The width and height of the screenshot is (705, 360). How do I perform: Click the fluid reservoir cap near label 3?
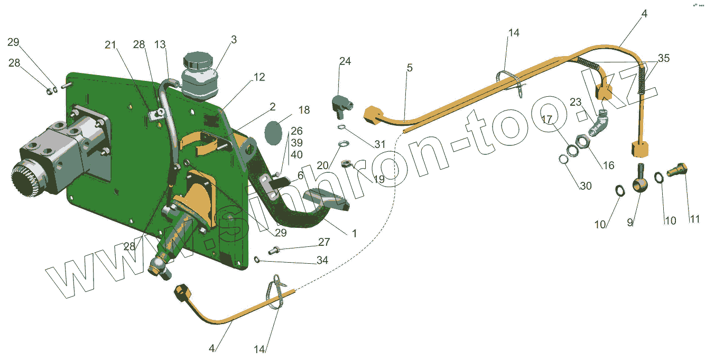(198, 59)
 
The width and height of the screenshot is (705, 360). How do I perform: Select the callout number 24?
(345, 61)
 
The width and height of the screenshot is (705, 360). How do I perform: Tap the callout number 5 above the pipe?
(410, 68)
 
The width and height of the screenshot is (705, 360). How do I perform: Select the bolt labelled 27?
(274, 250)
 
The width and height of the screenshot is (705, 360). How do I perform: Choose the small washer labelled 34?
(257, 259)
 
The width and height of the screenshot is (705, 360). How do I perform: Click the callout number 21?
(109, 45)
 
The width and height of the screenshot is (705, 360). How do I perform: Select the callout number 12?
(258, 77)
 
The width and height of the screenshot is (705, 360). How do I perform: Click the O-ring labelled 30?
(564, 159)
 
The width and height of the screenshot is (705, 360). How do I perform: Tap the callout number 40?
(296, 155)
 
